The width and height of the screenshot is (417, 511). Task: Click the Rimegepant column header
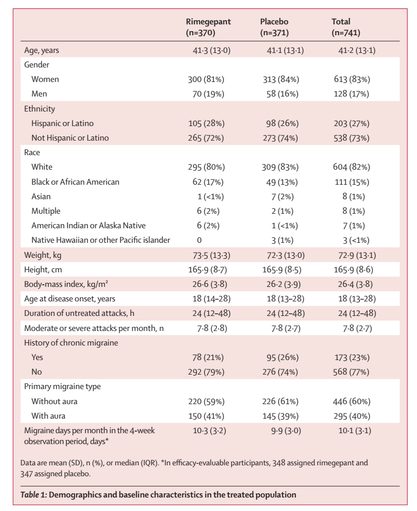pos(208,27)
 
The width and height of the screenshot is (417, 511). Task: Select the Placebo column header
pos(275,27)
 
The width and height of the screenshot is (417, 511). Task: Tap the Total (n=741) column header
pos(346,27)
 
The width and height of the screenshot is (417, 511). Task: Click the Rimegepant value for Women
pos(206,79)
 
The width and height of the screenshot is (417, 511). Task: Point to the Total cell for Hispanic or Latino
pos(352,123)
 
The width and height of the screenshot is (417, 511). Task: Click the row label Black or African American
pos(75,182)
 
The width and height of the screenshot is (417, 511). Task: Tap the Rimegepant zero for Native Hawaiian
pos(199,240)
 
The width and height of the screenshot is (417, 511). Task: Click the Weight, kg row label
pos(42,255)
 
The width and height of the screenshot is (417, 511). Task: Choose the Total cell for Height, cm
pos(353,270)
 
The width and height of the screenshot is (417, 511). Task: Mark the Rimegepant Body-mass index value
pos(210,284)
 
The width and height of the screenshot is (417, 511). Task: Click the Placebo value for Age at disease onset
pos(285,298)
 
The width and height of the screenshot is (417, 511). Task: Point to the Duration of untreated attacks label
pos(79,313)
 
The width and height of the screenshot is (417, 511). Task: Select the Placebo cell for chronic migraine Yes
pos(282,357)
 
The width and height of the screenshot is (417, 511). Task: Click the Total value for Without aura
pos(352,401)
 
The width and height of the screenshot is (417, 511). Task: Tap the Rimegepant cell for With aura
pos(206,416)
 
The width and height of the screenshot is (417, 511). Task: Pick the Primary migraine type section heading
pos(63,386)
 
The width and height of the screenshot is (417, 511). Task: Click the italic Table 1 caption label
pos(34,495)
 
